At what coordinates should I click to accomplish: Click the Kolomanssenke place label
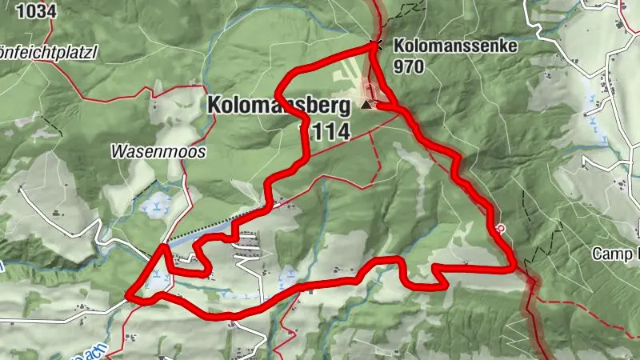coord(456,46)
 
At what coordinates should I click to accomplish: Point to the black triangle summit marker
coord(366,105)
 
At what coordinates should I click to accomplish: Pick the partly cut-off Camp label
coord(616,254)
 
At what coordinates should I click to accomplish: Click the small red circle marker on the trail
coord(501,227)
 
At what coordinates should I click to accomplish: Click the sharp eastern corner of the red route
coord(512,269)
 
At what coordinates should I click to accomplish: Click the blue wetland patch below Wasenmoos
coord(154,207)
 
